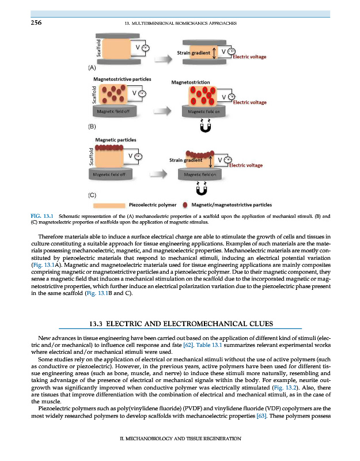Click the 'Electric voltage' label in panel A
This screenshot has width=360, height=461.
coord(248,56)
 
